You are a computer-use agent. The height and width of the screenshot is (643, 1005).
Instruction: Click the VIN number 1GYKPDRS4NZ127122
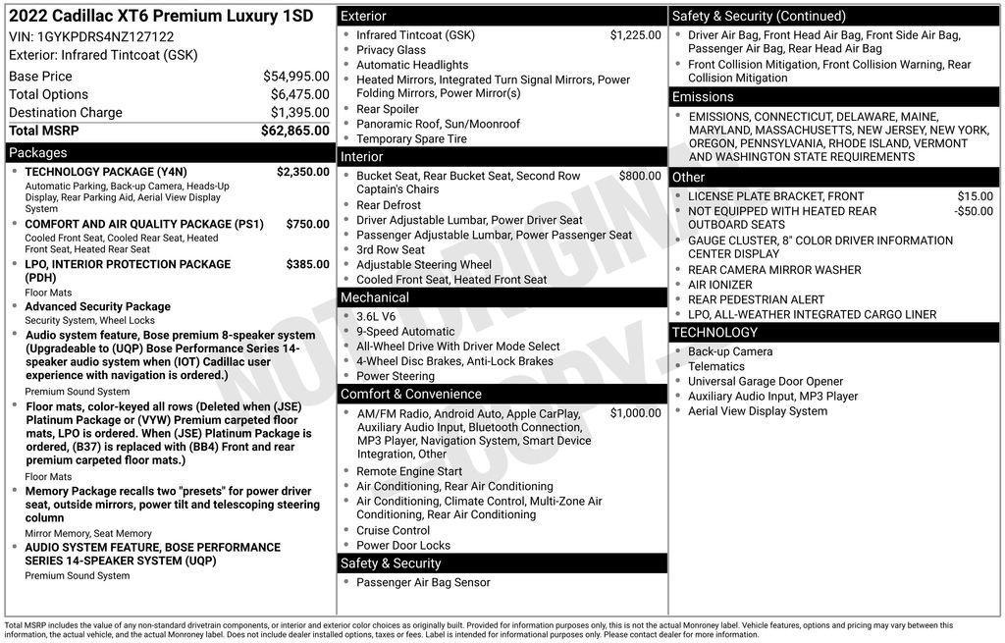(x=105, y=36)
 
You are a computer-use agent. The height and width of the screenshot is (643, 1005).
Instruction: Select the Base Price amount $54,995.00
(x=295, y=77)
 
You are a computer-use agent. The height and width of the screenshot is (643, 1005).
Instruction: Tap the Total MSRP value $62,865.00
(x=294, y=131)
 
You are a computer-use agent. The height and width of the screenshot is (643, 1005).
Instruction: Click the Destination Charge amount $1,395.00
(x=299, y=113)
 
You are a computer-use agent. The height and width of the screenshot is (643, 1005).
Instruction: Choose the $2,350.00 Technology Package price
(x=302, y=172)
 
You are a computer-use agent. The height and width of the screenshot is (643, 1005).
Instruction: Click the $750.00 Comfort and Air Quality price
(x=307, y=224)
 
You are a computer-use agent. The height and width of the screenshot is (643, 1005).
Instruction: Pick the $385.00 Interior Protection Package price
(x=307, y=264)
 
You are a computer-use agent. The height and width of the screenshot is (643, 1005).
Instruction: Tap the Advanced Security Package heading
(x=97, y=306)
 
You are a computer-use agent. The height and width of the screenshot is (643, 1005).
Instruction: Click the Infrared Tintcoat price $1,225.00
(x=635, y=35)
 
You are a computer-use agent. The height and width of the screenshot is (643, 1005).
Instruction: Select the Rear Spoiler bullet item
(x=387, y=109)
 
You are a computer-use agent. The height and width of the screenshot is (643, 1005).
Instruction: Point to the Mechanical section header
(x=375, y=297)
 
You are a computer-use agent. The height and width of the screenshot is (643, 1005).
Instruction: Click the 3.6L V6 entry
(x=376, y=317)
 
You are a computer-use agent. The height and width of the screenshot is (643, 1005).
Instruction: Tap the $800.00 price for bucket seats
(x=640, y=177)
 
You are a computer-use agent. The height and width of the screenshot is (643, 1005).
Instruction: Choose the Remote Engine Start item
(x=408, y=471)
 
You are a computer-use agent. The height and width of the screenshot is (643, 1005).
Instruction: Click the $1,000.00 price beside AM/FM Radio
(x=635, y=413)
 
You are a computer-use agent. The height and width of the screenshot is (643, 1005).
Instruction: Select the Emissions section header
(x=703, y=97)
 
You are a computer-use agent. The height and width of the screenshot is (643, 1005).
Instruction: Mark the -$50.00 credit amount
(x=973, y=211)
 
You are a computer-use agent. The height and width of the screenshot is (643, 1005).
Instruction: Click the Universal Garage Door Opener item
(x=765, y=382)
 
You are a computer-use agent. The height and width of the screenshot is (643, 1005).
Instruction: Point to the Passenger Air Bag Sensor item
(x=423, y=582)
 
